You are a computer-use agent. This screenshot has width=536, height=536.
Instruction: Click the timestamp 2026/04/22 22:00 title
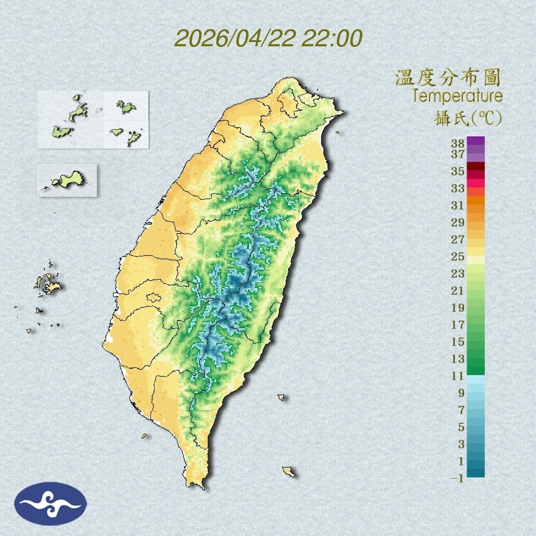[268, 38]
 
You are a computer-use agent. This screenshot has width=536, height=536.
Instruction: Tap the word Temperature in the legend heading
[457, 96]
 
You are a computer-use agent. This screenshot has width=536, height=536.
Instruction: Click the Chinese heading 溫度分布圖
[448, 78]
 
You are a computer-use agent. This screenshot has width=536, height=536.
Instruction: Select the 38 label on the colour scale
[458, 144]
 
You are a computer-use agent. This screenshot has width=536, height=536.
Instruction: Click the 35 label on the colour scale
[458, 171]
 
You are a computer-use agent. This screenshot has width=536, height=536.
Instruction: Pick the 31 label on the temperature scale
[458, 205]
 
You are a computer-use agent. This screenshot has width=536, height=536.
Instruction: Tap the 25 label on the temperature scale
[458, 256]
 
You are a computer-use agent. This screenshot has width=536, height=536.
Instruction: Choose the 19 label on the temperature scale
[458, 307]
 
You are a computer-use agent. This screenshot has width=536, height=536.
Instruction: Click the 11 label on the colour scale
[458, 376]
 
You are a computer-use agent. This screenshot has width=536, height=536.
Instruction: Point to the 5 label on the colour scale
[461, 427]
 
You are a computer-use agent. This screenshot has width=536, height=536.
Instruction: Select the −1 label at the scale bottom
[458, 479]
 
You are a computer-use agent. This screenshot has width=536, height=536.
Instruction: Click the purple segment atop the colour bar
[476, 142]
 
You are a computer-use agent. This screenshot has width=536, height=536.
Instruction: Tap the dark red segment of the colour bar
[476, 167]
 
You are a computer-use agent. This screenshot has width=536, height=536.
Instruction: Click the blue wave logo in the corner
[51, 504]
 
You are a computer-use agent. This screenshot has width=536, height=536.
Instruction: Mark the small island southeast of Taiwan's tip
[289, 471]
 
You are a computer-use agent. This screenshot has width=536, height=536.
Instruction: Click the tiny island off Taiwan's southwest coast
[145, 435]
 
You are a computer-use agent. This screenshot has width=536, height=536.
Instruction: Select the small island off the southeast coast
[281, 397]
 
